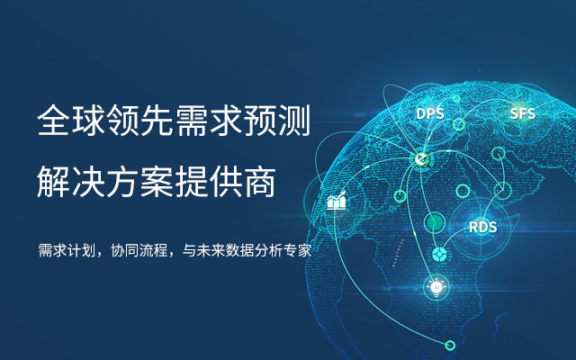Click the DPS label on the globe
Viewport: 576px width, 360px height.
coord(430,113)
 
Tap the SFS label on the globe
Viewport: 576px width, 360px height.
coord(522,113)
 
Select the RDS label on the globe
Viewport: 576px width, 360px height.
coord(482,227)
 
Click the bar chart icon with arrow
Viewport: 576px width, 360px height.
coord(337,201)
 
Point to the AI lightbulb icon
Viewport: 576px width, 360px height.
coord(436,287)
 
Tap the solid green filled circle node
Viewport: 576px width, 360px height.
coord(435,222)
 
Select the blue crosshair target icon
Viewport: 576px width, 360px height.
coord(439,254)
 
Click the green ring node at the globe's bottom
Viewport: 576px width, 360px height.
coord(450,346)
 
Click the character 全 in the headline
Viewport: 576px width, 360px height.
coord(53,120)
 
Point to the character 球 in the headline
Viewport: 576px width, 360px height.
coord(87,120)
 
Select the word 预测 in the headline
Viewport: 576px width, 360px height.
coord(277,120)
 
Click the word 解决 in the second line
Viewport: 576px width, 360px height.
coord(70,182)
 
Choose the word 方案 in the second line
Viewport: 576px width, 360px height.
coord(139,182)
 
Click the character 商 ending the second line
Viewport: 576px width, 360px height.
coord(260,182)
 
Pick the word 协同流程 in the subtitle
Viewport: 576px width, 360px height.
coord(139,250)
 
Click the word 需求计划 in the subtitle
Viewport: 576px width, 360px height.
coord(67,250)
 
